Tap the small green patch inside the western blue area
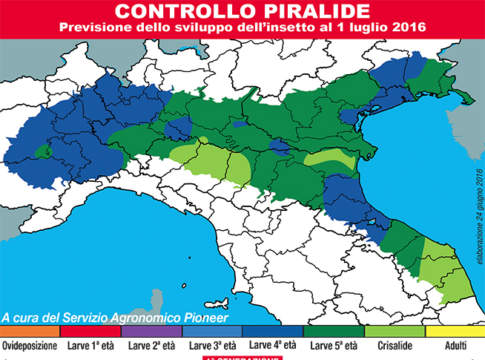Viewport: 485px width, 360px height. click(41, 153)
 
